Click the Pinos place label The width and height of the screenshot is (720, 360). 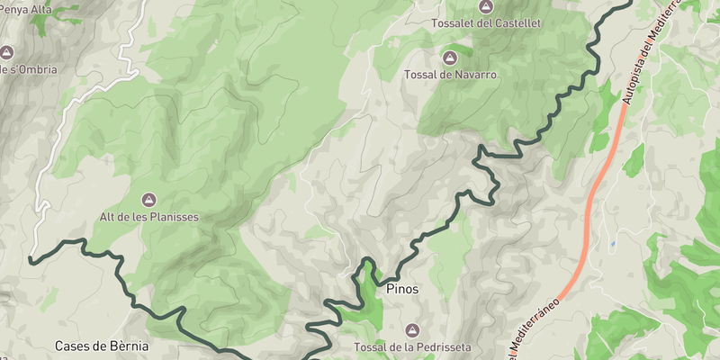[402, 290]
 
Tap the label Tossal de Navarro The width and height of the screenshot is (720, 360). [450, 75]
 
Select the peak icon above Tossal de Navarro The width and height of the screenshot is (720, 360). [450, 58]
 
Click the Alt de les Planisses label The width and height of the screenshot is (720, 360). [148, 217]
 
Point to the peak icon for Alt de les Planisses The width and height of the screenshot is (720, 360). [148, 199]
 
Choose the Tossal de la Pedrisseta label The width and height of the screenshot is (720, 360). [413, 347]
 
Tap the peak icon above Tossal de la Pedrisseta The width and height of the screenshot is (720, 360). [413, 330]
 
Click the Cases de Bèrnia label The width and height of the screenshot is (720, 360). [102, 346]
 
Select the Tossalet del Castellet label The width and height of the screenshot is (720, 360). [486, 22]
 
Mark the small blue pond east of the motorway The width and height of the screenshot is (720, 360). [613, 243]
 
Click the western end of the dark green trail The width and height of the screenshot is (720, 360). [31, 261]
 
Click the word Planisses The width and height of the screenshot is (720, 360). [171, 217]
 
